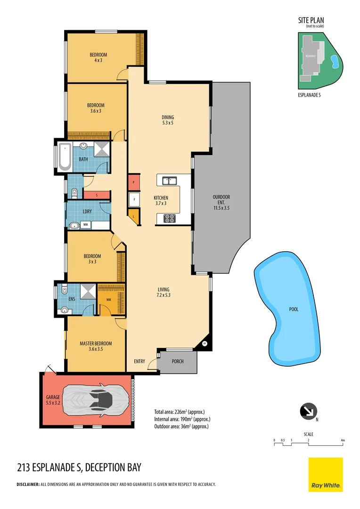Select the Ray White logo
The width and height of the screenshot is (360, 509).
coord(326,475)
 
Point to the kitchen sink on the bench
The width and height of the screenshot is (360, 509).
coord(169,181)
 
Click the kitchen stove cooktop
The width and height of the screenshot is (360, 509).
coord(169,218)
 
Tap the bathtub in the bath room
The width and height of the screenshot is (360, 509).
coord(64,157)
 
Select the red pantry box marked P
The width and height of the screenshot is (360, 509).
coord(134,182)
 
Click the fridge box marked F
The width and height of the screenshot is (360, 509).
coord(134,199)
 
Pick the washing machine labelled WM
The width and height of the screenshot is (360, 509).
coord(86,225)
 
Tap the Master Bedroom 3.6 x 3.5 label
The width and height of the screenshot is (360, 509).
coord(96,346)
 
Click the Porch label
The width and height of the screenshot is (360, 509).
coord(178,361)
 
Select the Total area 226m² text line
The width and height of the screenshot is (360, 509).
coord(182,411)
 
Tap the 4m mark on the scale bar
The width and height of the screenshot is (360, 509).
coord(343,441)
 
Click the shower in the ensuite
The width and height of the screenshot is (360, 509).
coord(87,292)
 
